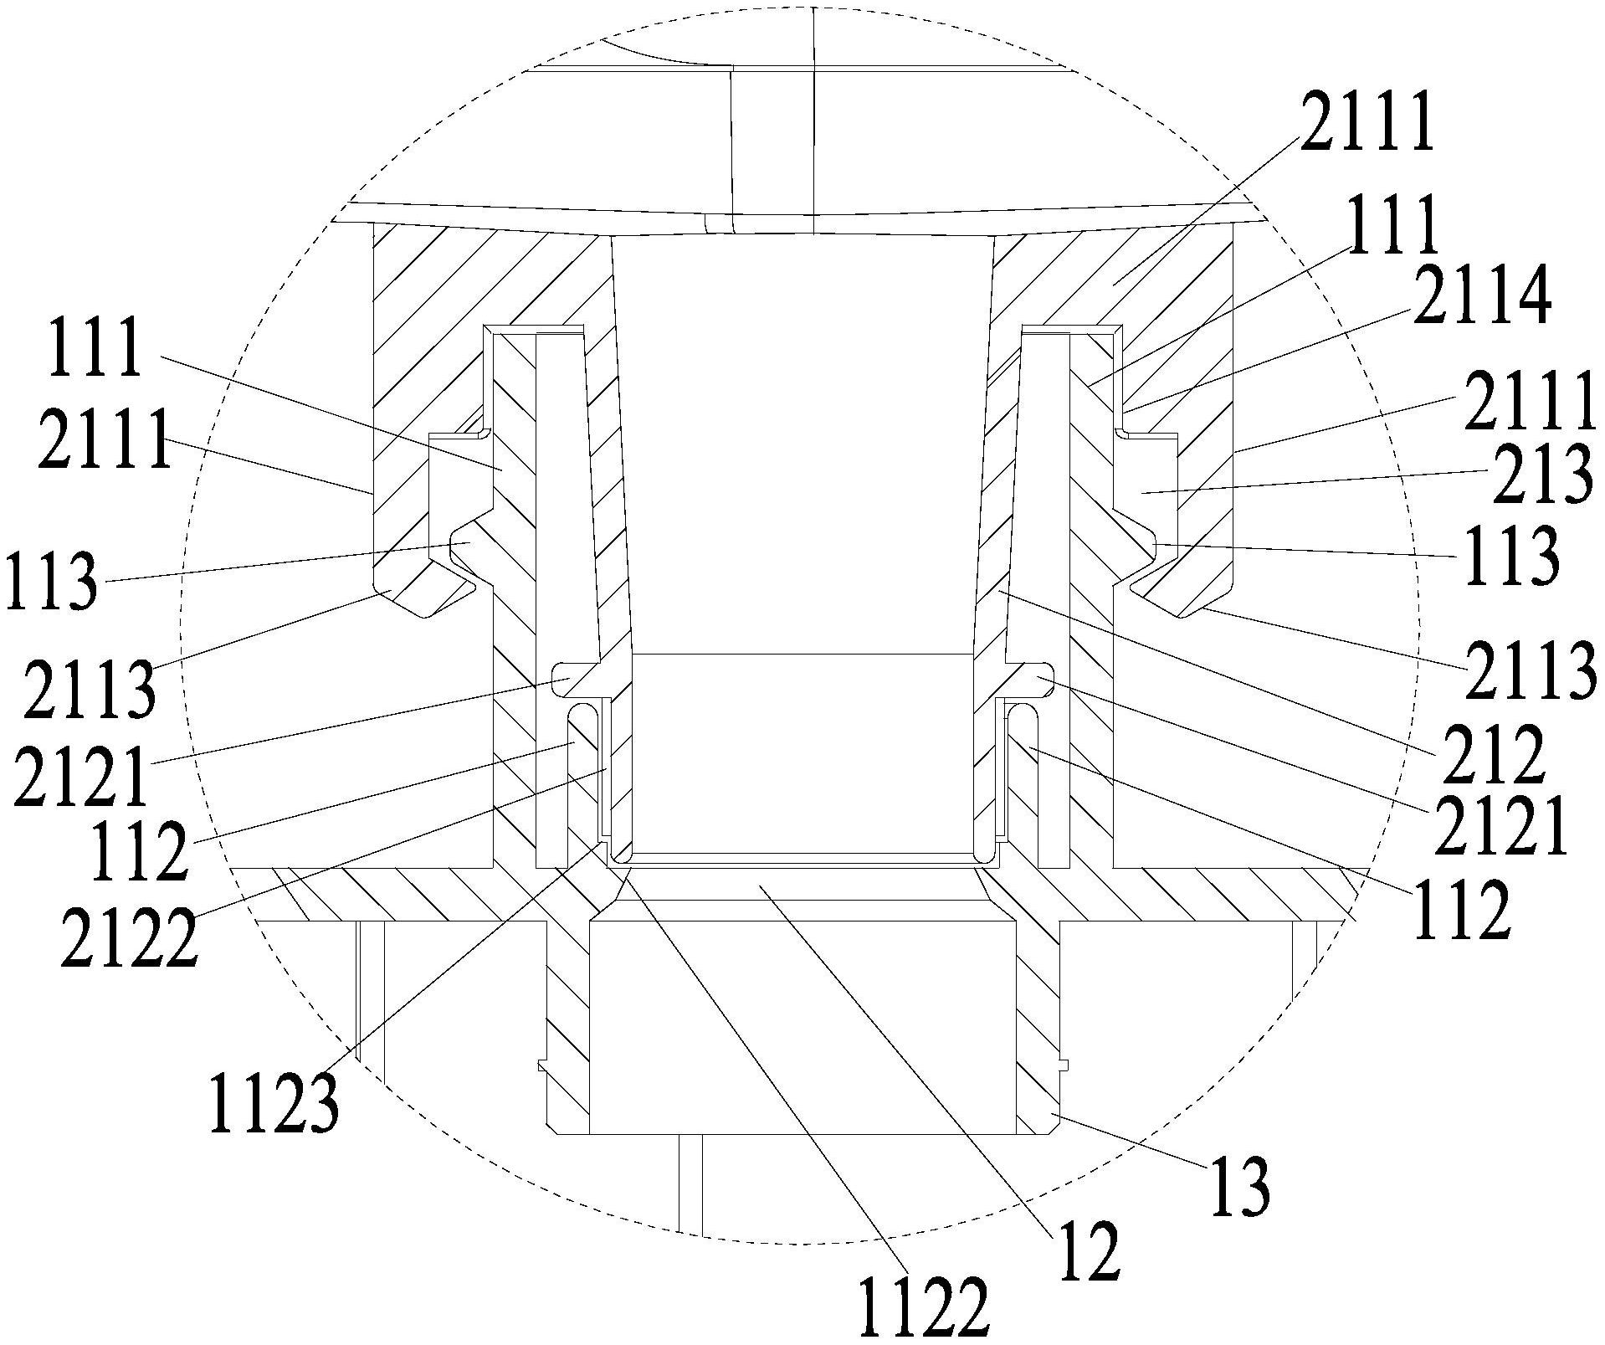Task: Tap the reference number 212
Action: (x=1490, y=755)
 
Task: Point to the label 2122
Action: (x=130, y=939)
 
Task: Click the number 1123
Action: (x=274, y=1103)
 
